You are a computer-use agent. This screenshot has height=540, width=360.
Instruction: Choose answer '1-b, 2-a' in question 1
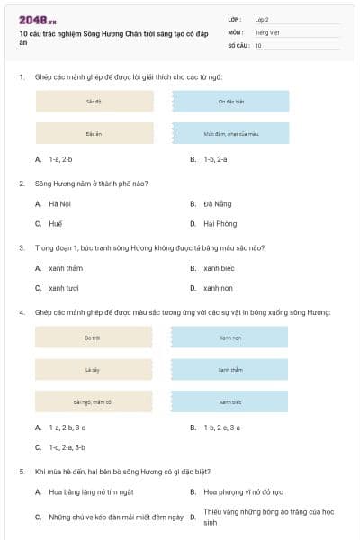(x=215, y=159)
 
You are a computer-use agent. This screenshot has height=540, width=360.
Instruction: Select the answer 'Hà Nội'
(x=59, y=203)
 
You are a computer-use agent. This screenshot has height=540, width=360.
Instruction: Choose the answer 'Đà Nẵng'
(x=217, y=203)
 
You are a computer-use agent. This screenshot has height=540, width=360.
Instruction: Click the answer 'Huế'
(x=56, y=223)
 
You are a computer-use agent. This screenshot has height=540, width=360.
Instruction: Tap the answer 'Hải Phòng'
(x=220, y=223)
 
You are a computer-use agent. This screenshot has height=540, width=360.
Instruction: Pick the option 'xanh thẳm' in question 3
(x=65, y=268)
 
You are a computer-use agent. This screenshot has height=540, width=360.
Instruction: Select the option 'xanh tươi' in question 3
(x=64, y=288)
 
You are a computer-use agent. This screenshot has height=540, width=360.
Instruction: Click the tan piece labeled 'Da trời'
(x=93, y=337)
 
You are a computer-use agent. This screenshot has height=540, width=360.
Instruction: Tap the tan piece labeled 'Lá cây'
(x=93, y=369)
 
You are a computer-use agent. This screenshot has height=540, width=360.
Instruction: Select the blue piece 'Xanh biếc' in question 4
(x=230, y=401)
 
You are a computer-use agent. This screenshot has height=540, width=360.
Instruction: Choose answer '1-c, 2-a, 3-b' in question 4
(x=67, y=446)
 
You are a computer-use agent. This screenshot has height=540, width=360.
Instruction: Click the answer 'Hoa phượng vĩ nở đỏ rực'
(x=243, y=492)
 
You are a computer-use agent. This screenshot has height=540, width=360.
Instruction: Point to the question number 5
(x=22, y=471)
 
